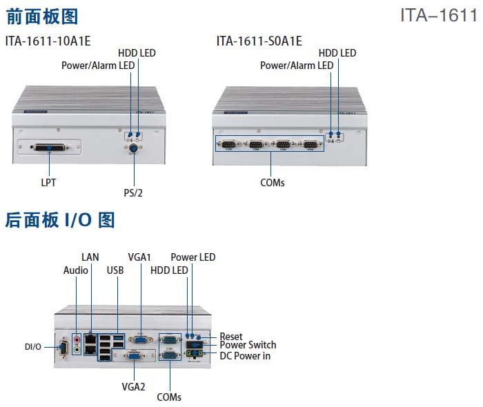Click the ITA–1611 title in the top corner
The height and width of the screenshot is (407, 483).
tap(438, 15)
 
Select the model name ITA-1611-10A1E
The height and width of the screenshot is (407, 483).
tap(48, 41)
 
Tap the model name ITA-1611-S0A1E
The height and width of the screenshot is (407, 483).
tap(259, 41)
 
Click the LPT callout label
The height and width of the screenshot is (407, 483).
tap(48, 183)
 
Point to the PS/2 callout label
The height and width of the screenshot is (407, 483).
tap(133, 192)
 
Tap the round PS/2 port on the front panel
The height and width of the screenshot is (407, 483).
tap(133, 148)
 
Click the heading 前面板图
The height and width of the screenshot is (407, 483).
tap(41, 16)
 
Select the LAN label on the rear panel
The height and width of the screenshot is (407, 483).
tap(90, 257)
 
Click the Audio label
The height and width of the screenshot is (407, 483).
tap(76, 270)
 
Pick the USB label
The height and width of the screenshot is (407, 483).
tap(115, 270)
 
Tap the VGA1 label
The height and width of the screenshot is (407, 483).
tap(139, 257)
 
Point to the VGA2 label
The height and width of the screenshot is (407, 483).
tap(133, 386)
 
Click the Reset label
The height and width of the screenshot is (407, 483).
tap(231, 336)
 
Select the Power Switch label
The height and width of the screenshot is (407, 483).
tap(248, 345)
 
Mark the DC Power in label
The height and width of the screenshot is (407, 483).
tap(245, 355)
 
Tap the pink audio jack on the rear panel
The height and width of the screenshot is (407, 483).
tap(77, 339)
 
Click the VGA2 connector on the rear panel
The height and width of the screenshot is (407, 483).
tap(133, 357)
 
